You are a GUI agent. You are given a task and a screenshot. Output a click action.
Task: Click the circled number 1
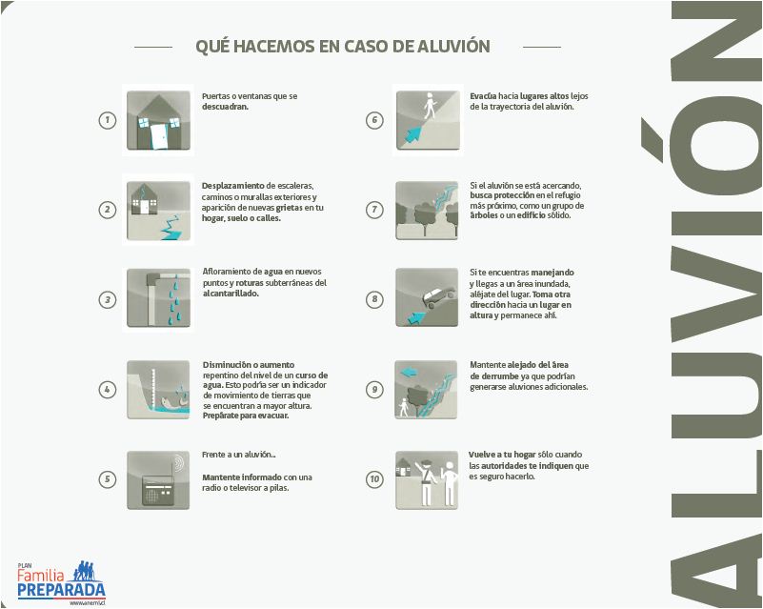coord(108,120)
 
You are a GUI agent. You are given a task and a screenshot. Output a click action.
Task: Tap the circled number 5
coord(108,479)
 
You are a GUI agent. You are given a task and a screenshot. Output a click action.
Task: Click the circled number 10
coord(374,479)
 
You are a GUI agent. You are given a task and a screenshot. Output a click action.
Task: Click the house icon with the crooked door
coord(158,119)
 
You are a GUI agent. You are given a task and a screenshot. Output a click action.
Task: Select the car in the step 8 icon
coord(439,295)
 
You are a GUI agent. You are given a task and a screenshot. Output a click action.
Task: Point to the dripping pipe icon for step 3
coord(158,298)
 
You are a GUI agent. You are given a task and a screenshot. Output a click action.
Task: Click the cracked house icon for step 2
coord(158,210)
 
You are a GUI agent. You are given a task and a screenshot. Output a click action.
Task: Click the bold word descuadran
coord(225,107)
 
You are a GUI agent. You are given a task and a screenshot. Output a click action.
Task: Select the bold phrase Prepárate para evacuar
coord(242,417)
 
